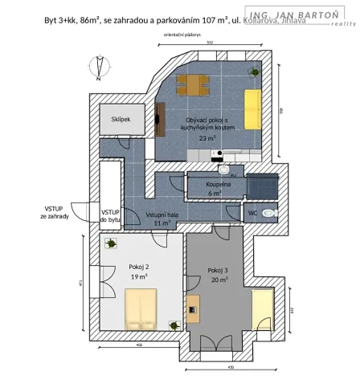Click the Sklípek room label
click(121, 119)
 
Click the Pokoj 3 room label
click(218, 270)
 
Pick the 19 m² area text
click(139, 276)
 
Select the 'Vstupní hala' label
click(162, 215)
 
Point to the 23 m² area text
click(207, 138)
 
